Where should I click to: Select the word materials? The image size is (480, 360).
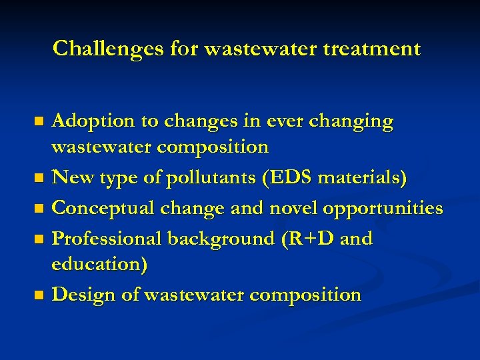click(363, 179)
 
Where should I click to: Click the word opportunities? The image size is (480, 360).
click(383, 209)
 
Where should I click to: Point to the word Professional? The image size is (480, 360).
click(106, 238)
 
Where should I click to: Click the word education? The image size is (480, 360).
click(98, 263)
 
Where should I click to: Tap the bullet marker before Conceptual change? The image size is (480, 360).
click(39, 209)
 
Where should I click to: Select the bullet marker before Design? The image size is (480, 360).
click(39, 295)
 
